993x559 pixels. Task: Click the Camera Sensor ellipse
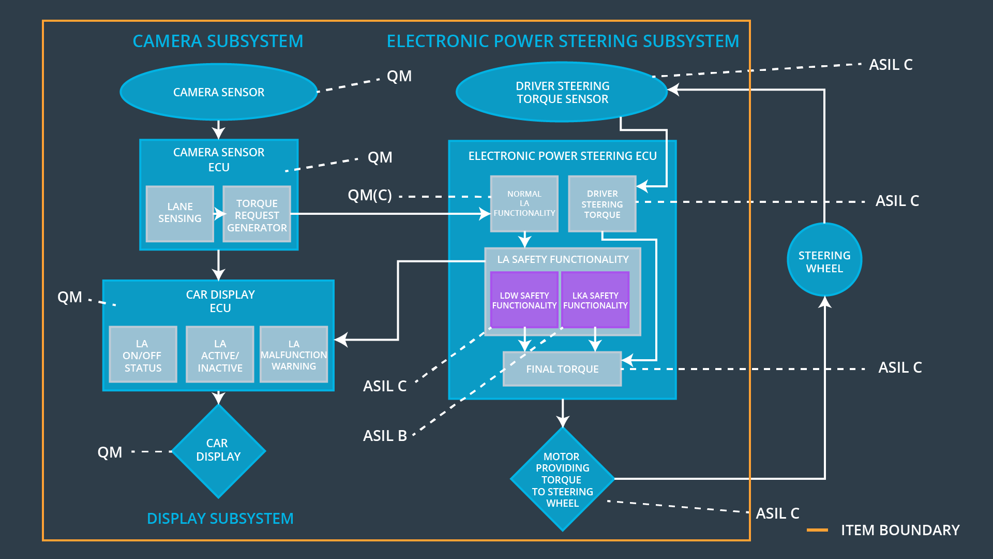click(218, 92)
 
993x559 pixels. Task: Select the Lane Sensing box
click(179, 213)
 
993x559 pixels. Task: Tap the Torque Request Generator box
click(257, 214)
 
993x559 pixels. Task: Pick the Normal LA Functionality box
click(524, 203)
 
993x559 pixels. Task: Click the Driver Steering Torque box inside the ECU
click(602, 204)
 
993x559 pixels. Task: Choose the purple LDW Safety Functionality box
click(524, 300)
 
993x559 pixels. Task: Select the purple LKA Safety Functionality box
click(595, 300)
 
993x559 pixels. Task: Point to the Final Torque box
click(562, 369)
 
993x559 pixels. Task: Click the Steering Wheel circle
click(824, 260)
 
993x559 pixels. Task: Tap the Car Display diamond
click(218, 451)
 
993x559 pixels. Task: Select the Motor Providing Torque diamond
click(562, 479)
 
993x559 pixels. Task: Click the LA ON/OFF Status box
click(143, 355)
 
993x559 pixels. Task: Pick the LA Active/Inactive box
click(220, 355)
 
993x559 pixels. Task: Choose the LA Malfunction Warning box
click(294, 355)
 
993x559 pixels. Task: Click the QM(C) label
click(369, 196)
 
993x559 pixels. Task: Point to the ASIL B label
click(385, 436)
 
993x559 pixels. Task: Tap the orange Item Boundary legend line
click(817, 530)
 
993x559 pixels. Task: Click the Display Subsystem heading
click(220, 519)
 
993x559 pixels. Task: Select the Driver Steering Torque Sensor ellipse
click(562, 92)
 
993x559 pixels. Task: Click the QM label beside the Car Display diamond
click(110, 452)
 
